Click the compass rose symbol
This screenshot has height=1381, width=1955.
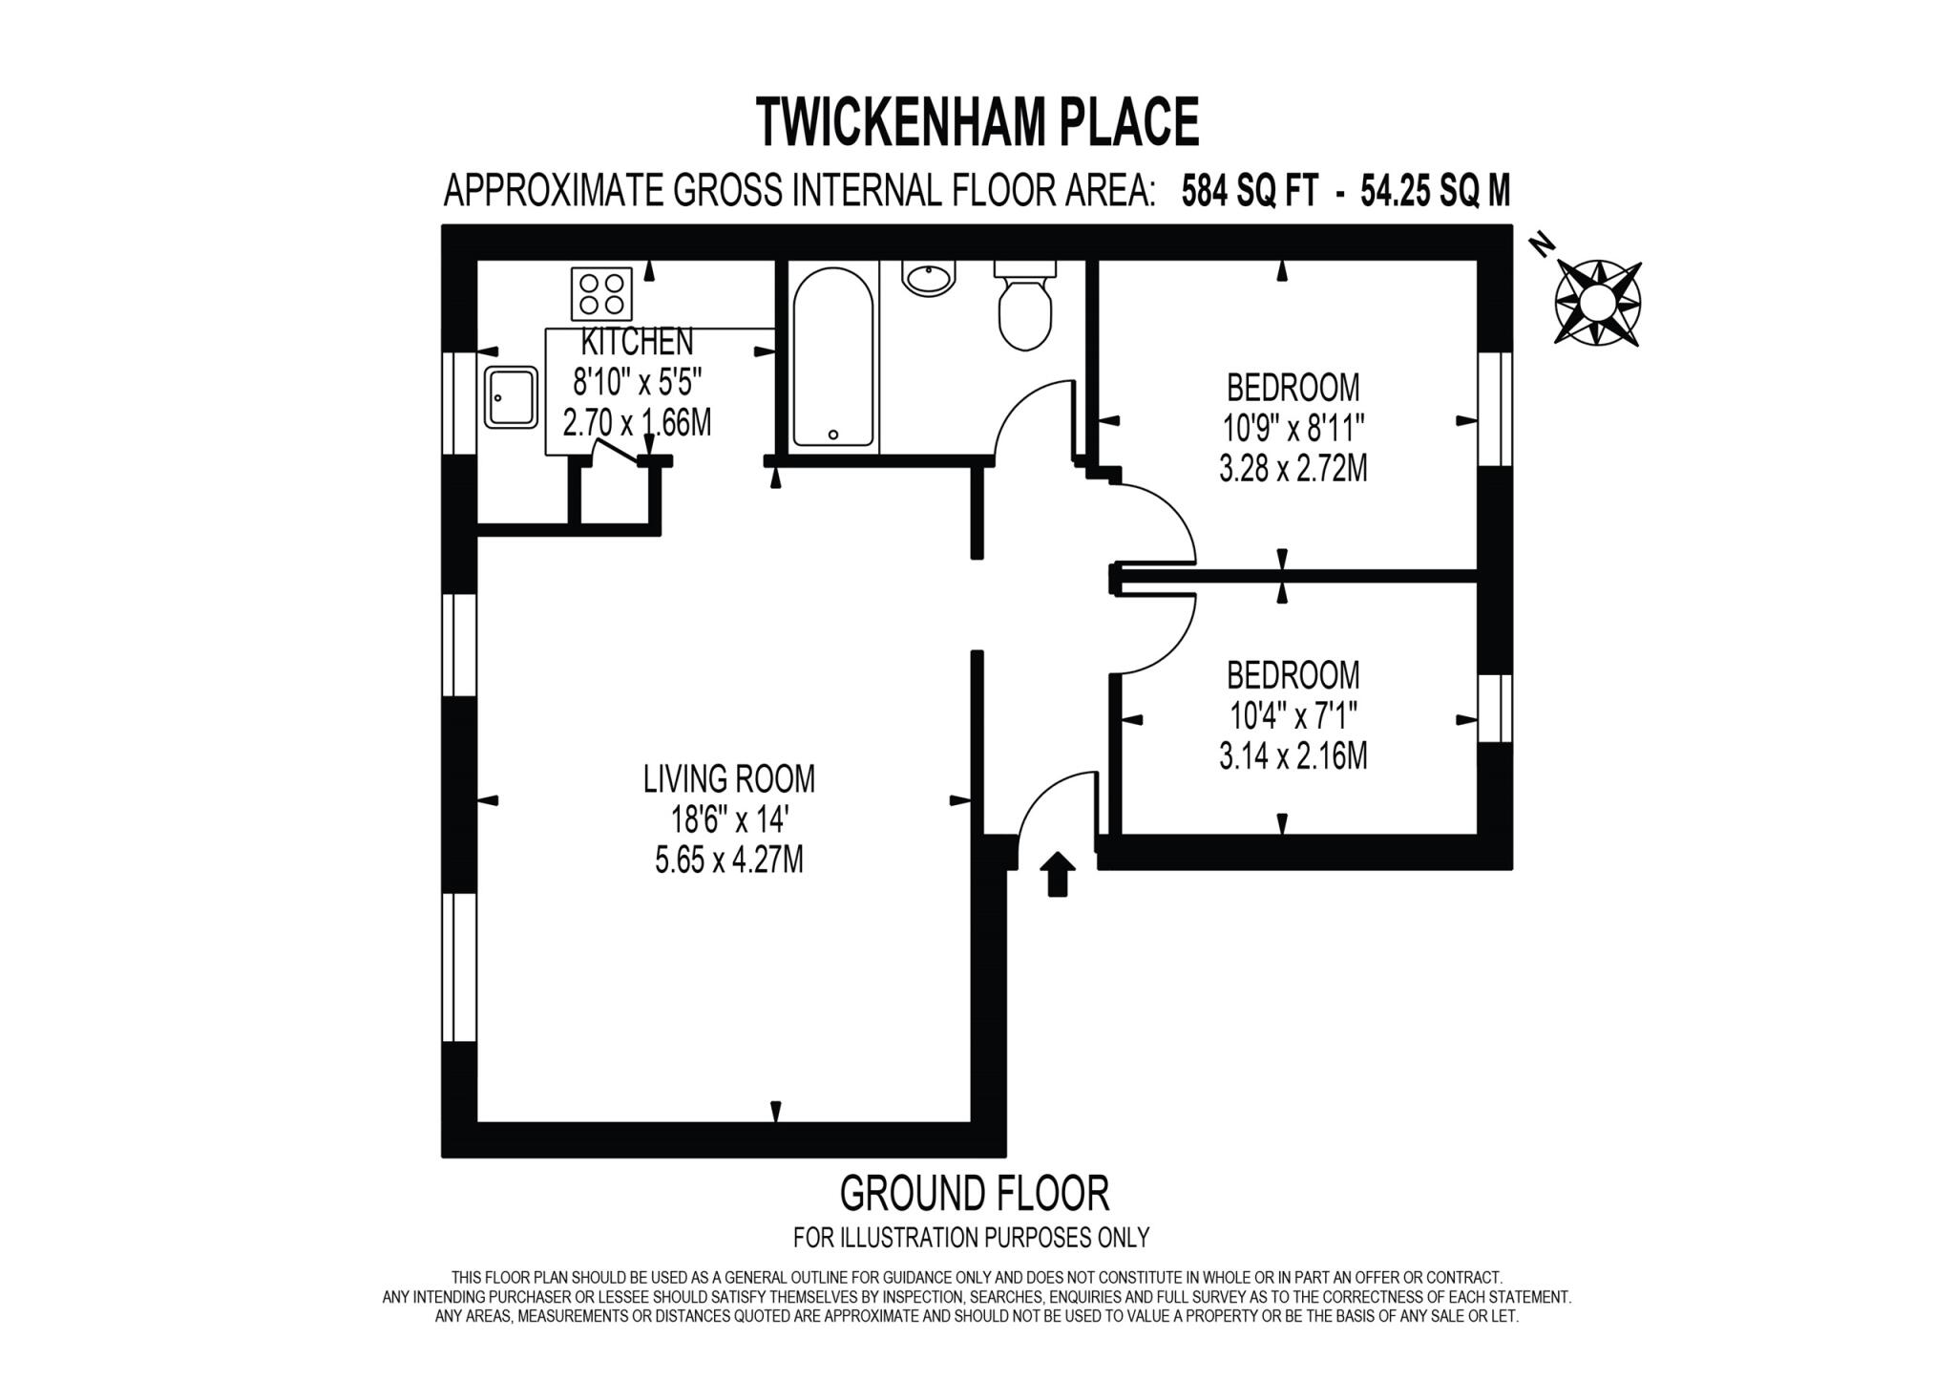pyautogui.click(x=1598, y=302)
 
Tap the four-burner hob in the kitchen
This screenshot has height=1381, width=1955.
pyautogui.click(x=601, y=294)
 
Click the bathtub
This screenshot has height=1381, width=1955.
pyautogui.click(x=832, y=356)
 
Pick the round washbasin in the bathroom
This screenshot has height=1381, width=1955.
pyautogui.click(x=928, y=278)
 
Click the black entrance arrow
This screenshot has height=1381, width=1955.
pyautogui.click(x=1057, y=873)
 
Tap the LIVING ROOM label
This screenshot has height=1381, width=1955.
pyautogui.click(x=728, y=778)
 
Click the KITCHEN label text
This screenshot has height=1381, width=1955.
pyautogui.click(x=637, y=341)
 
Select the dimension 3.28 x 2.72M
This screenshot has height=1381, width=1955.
pyautogui.click(x=1293, y=469)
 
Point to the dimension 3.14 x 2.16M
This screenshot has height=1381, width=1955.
pyautogui.click(x=1293, y=756)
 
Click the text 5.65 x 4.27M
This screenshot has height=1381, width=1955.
pyautogui.click(x=728, y=860)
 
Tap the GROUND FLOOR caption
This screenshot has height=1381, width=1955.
pyautogui.click(x=974, y=1193)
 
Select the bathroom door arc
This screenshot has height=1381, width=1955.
pyautogui.click(x=1031, y=420)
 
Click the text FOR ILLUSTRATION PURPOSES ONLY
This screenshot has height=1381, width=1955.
pyautogui.click(x=971, y=1238)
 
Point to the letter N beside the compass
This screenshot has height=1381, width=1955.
pyautogui.click(x=1539, y=244)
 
